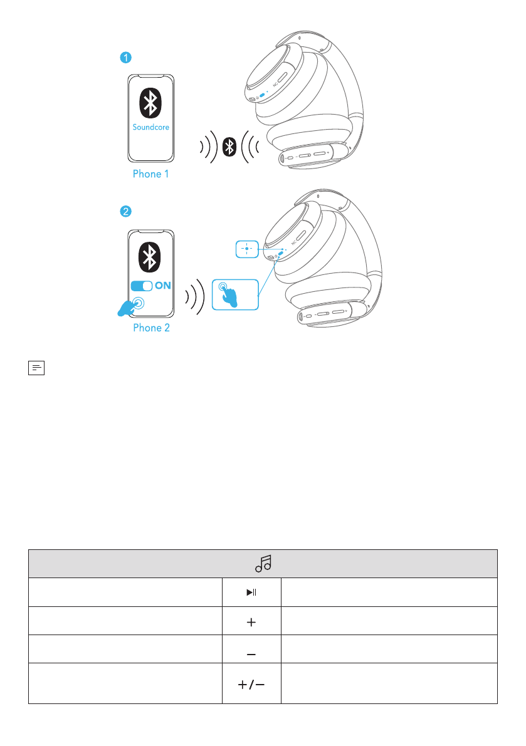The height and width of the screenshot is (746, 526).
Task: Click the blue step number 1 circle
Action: (x=126, y=58)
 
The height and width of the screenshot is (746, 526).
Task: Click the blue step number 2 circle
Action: (x=126, y=212)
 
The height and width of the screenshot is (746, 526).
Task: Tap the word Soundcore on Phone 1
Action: (x=150, y=127)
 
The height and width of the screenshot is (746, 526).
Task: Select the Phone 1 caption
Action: (x=150, y=174)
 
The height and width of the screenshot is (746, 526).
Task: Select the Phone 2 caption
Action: (x=151, y=328)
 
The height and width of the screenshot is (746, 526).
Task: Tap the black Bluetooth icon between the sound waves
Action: (x=231, y=147)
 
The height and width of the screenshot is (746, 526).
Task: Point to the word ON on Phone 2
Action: (x=163, y=286)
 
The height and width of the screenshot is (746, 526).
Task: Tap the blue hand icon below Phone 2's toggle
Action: (x=130, y=306)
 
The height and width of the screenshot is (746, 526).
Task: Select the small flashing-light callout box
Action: (x=247, y=249)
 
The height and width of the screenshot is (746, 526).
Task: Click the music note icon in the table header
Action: (x=263, y=564)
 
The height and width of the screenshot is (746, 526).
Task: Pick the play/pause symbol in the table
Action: (x=251, y=592)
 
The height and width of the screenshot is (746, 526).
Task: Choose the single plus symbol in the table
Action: (x=251, y=621)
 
